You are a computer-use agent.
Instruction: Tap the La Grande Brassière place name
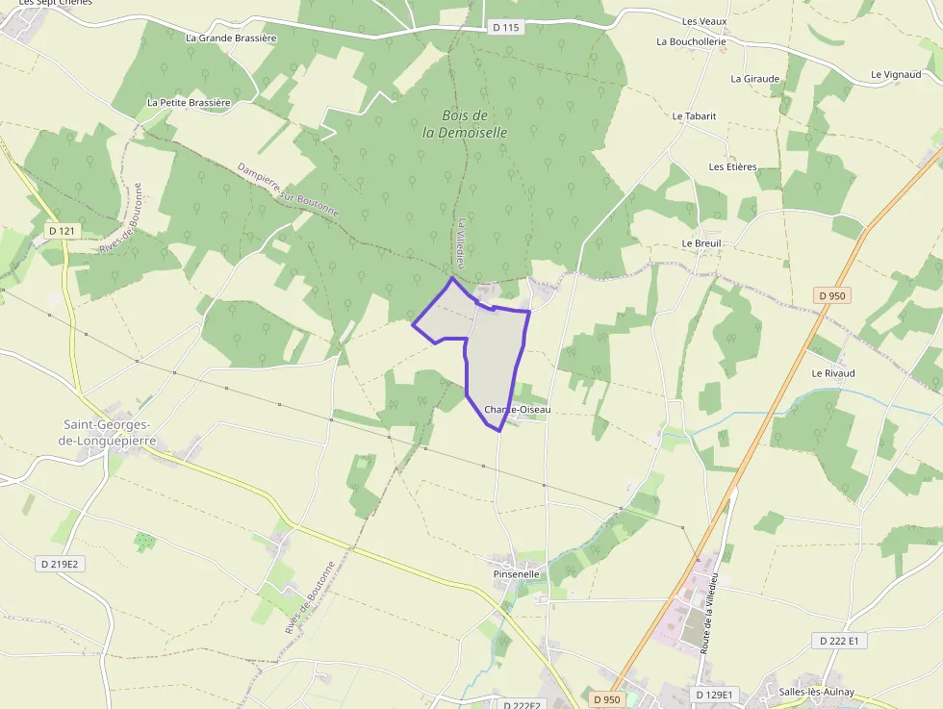pyautogui.click(x=231, y=38)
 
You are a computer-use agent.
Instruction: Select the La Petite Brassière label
pyautogui.click(x=189, y=102)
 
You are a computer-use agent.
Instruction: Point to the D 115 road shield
pyautogui.click(x=505, y=28)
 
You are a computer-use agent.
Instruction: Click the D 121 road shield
pyautogui.click(x=62, y=231)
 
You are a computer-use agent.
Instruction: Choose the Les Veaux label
pyautogui.click(x=703, y=21)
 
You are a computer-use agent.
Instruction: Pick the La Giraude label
pyautogui.click(x=754, y=79)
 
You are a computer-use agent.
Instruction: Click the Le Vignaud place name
pyautogui.click(x=895, y=74)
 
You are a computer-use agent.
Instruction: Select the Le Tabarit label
pyautogui.click(x=694, y=115)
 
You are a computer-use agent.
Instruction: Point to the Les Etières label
pyautogui.click(x=732, y=166)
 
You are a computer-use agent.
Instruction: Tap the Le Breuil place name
pyautogui.click(x=701, y=243)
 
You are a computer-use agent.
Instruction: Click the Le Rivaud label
pyautogui.click(x=832, y=372)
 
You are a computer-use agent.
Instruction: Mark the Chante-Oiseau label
pyautogui.click(x=518, y=409)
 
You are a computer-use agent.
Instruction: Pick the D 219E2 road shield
pyautogui.click(x=60, y=564)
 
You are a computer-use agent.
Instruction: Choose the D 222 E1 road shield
pyautogui.click(x=839, y=640)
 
